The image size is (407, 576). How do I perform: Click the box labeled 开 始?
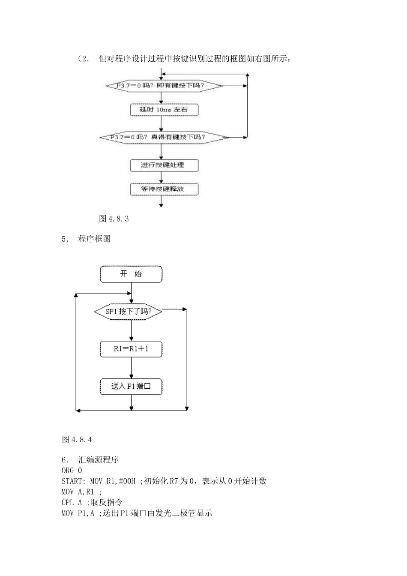point(131,274)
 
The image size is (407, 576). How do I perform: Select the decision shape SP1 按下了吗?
point(129,312)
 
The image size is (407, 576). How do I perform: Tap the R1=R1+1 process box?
point(131,349)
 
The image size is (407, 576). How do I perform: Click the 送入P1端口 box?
point(131,387)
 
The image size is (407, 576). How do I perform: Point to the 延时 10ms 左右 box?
point(164,110)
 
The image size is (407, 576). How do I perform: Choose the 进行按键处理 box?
point(164,165)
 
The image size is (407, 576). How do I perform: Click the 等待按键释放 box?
point(164,189)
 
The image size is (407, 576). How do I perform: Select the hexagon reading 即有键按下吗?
point(165,86)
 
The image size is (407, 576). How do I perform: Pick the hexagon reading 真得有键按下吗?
point(164,137)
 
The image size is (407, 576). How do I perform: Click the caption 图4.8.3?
point(114,219)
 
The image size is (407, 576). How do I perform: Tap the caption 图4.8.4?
point(77,439)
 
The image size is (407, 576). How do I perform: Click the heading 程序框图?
point(94,239)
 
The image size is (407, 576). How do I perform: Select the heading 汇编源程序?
point(99,460)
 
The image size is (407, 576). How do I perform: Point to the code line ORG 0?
point(72,470)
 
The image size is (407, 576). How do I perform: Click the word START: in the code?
point(74,481)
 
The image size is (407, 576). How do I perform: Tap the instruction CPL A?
point(72,502)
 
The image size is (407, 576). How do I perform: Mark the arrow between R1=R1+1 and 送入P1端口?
point(131,368)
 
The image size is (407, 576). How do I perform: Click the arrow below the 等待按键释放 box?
point(161,202)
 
